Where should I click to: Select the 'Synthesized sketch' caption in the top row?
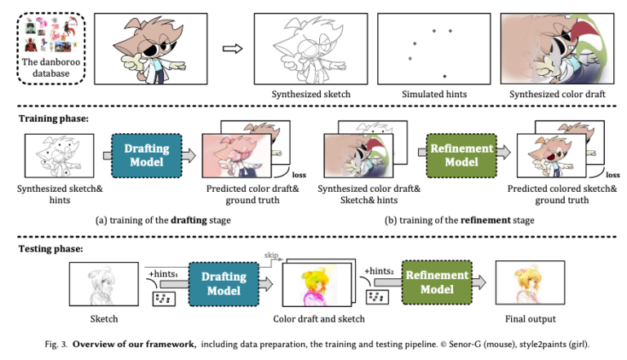click(x=311, y=95)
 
